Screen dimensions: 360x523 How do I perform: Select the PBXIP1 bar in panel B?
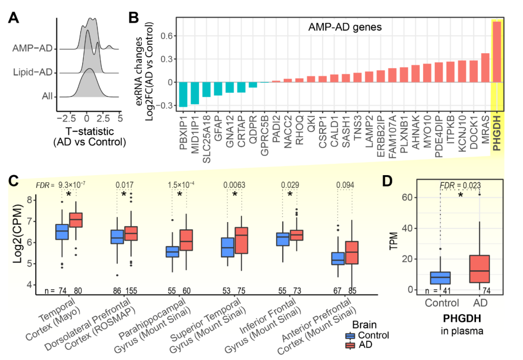tap(184, 94)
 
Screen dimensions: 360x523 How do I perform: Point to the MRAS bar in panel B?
tap(485, 68)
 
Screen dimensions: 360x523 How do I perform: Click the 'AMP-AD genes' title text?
tap(345, 27)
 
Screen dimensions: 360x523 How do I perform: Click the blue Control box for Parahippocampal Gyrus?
tap(172, 252)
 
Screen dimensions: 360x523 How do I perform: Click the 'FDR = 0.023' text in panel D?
tap(461, 185)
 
